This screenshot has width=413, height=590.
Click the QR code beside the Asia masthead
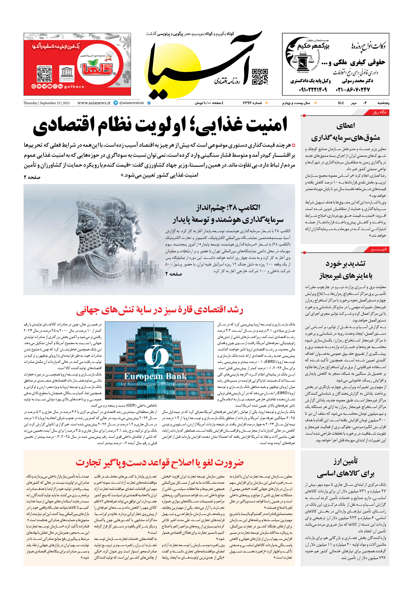(260, 77)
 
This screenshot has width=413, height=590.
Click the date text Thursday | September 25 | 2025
(46, 103)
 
